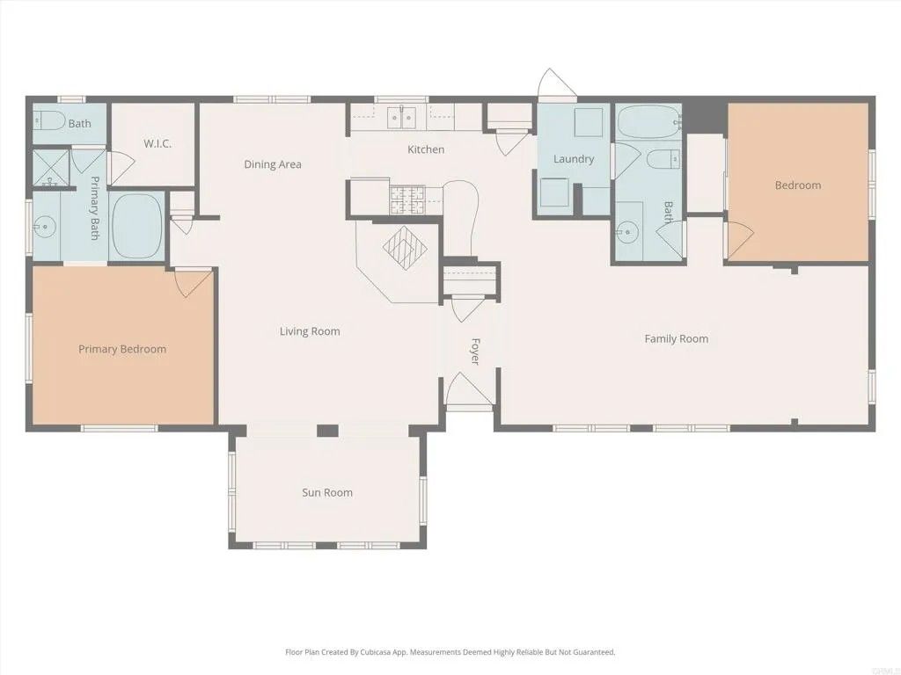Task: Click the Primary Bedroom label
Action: coord(122,349)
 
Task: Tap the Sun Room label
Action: coord(327,492)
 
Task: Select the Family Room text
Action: coord(676,338)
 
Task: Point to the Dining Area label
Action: coord(273,164)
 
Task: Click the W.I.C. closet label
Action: coord(157,143)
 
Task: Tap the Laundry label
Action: coord(574,159)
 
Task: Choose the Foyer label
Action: coord(475,352)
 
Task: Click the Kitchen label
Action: coord(426,149)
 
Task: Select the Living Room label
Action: coord(310,331)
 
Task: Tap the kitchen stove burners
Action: coord(407,199)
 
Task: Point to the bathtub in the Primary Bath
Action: coord(136,227)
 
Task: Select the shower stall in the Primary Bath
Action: coord(50,169)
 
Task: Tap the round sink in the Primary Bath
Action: coord(44,228)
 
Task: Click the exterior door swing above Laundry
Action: coord(556,84)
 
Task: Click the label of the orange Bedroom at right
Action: coord(797,185)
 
